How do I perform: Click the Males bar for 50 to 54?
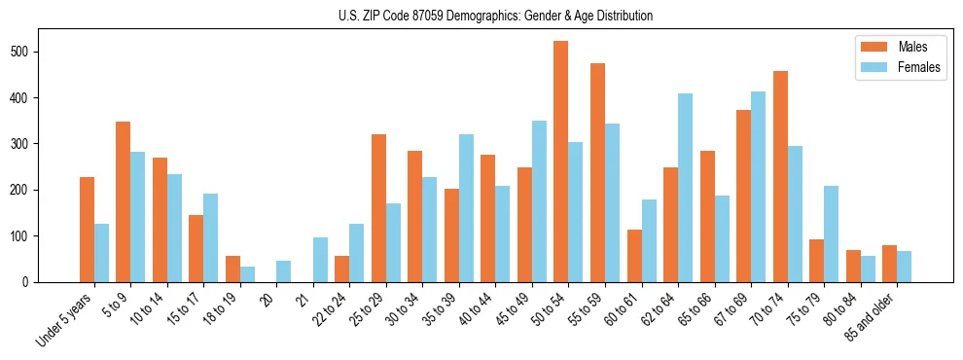(561, 162)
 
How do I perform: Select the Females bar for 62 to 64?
(686, 188)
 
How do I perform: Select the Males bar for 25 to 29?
(378, 208)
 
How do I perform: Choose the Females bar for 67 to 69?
(759, 187)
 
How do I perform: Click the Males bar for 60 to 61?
(634, 256)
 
